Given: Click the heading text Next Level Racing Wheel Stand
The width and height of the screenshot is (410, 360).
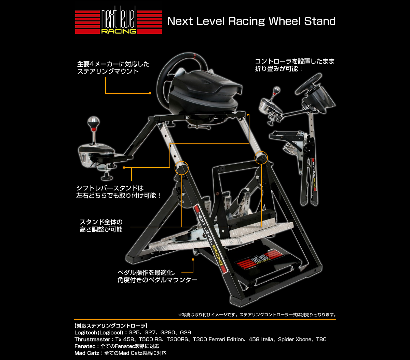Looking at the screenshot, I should pos(251,22).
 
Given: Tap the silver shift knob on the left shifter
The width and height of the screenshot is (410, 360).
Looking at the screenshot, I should pos(93,122).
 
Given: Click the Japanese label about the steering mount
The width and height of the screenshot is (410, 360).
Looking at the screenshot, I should pos(113,68).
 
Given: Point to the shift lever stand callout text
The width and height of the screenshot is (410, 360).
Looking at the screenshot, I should pos(118,192).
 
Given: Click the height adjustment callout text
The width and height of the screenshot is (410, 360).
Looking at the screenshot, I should pos(101,225).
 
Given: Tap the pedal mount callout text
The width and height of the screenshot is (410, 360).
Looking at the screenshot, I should pos(157,277).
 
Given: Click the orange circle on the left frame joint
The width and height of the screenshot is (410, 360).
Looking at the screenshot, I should pos(181,168).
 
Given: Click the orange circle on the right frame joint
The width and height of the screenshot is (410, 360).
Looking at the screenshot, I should pos(261,157).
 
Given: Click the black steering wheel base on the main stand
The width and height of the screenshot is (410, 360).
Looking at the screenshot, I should pos(205,92).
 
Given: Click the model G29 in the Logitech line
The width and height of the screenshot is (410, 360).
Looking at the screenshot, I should pos(185,333).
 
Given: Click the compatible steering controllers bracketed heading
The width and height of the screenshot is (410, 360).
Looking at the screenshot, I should pos(111,325).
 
